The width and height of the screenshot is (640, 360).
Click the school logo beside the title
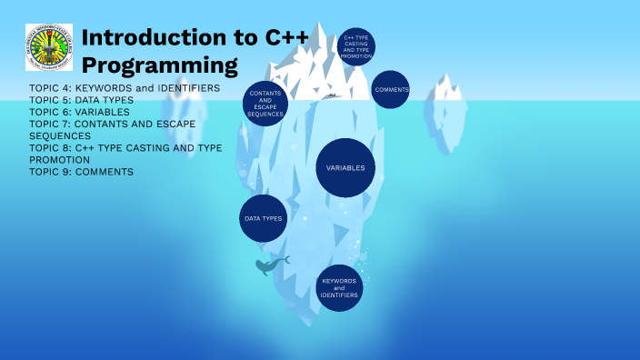[x=49, y=47]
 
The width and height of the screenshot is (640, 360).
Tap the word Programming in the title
[x=159, y=65]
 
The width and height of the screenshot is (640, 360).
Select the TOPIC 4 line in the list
[x=125, y=88]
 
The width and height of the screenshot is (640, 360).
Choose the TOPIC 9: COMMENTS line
[x=81, y=171]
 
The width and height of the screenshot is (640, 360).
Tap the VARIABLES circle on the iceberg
[x=345, y=168]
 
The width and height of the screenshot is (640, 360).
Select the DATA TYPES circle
[x=263, y=219]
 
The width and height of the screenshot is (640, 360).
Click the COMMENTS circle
[x=391, y=90]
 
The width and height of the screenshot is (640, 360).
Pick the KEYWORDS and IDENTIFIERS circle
[x=339, y=288]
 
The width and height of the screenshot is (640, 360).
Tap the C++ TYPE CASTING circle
[x=355, y=46]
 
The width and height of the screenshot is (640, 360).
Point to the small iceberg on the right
[x=451, y=109]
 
